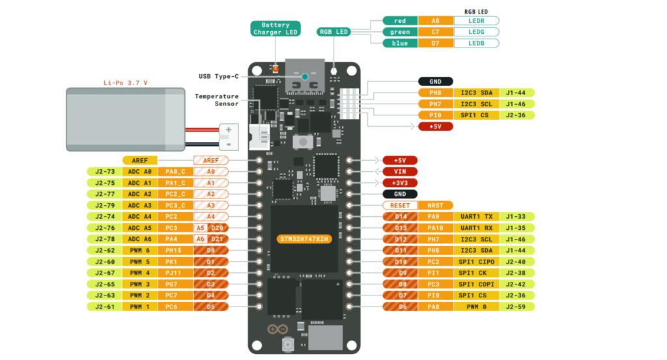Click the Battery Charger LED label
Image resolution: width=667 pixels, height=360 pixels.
[x=276, y=29]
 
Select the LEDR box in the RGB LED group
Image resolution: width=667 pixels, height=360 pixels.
[x=476, y=21]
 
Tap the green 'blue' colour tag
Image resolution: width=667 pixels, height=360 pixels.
[x=400, y=43]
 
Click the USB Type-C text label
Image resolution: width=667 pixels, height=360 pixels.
[x=218, y=76]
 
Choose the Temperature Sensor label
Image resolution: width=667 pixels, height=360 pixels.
[x=216, y=100]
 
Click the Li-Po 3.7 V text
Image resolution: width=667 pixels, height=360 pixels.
[x=126, y=83]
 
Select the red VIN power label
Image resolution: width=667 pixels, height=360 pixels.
[x=400, y=171]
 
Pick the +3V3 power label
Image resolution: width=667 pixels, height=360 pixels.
[x=400, y=183]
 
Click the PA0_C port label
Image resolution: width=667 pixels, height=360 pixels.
[x=175, y=172]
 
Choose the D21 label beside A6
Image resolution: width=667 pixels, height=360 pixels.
[x=218, y=239]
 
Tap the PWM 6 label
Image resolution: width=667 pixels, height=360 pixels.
[x=139, y=250]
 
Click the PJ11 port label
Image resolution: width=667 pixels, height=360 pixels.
[x=175, y=273]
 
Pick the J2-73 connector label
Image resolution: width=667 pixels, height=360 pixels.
[x=104, y=172]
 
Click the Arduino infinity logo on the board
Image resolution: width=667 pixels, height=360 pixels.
[x=272, y=329]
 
